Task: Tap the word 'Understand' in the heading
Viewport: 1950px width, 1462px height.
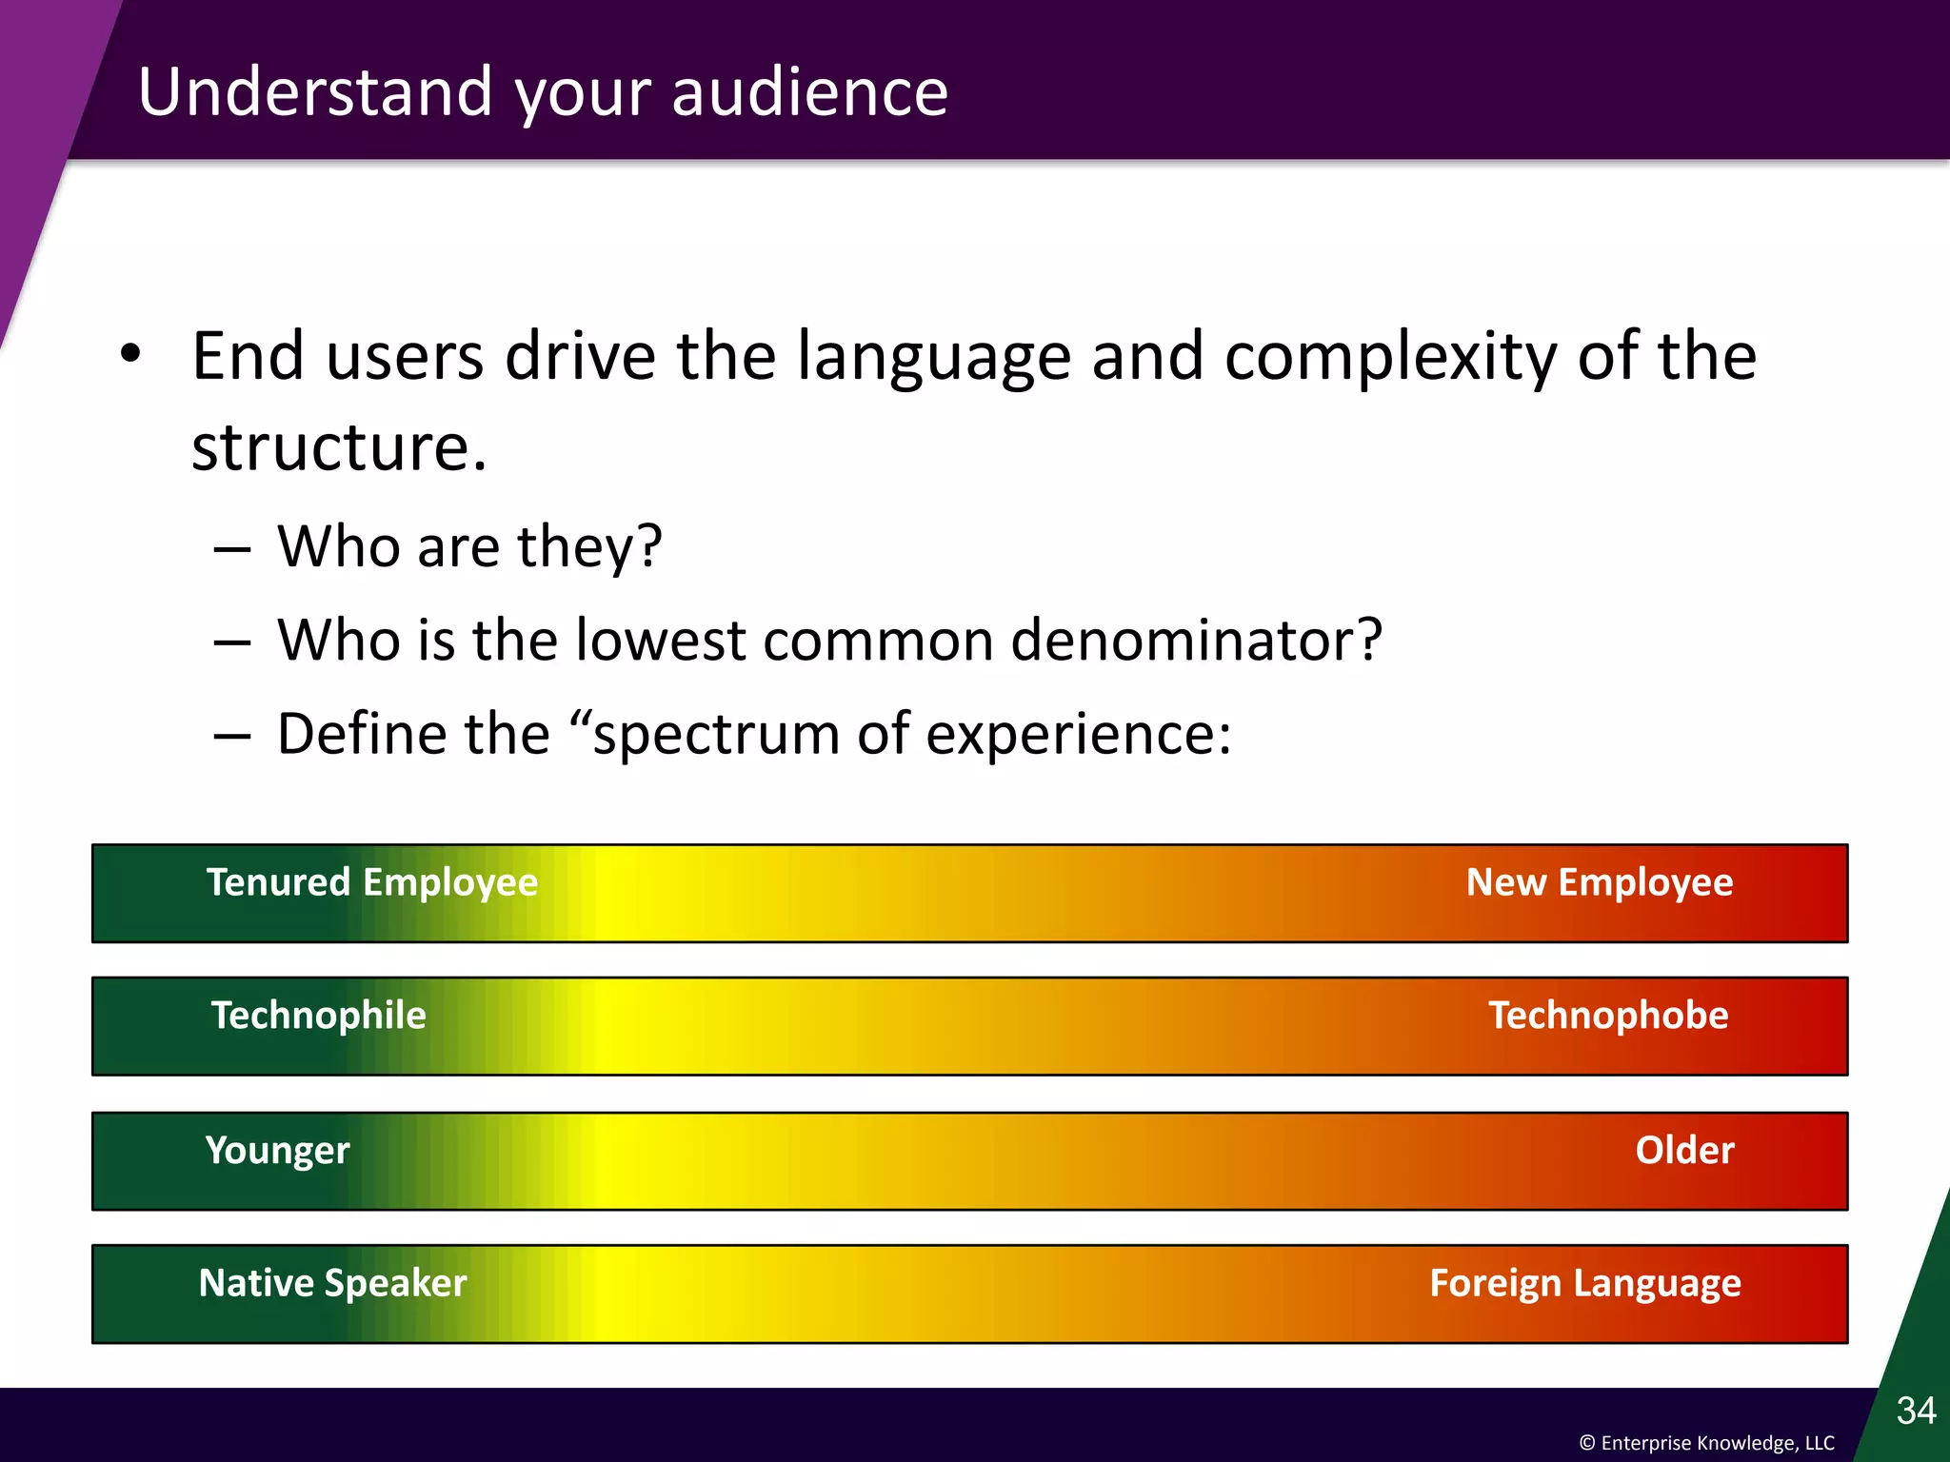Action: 315,92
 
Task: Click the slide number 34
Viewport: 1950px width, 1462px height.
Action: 1915,1411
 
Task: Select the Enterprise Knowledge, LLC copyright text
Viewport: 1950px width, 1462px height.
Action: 1706,1443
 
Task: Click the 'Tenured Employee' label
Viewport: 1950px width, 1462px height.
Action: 372,883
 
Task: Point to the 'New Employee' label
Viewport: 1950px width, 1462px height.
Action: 1599,883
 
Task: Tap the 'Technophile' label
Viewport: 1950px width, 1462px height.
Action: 318,1016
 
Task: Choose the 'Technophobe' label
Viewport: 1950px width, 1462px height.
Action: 1607,1016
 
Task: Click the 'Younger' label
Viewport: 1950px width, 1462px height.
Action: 277,1151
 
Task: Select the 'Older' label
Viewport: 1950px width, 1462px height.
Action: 1683,1151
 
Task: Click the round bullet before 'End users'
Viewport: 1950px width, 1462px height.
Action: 130,354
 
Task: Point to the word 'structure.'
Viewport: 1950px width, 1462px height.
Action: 339,447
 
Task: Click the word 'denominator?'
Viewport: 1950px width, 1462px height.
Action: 1195,640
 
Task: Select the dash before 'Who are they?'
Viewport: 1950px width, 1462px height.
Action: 231,550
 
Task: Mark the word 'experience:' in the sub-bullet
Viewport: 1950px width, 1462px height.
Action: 1078,735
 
